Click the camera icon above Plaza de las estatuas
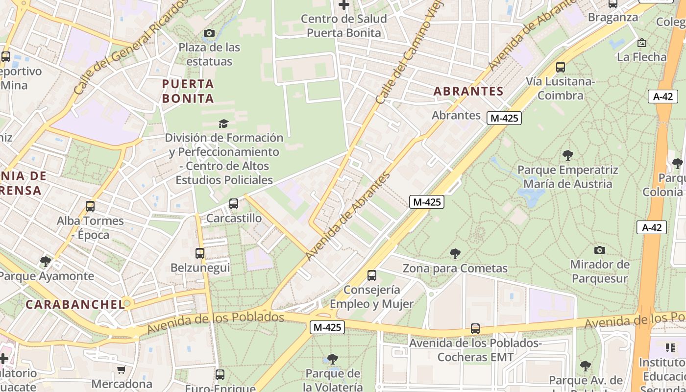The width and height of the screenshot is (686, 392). coord(209,33)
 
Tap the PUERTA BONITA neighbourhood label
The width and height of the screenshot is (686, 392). coord(188,91)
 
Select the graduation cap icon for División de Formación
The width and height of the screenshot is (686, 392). coord(223,123)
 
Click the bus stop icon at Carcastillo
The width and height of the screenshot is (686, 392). coord(234,203)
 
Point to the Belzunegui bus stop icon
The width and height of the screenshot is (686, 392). coord(200,253)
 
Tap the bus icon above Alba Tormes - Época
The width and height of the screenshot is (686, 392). coord(90,206)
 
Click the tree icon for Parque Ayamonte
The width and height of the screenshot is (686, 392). coord(46,261)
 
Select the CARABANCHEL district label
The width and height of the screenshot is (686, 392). coord(75,304)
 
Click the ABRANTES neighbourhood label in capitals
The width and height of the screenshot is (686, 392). coord(468,91)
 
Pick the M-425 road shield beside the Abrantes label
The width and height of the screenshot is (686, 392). coord(504,118)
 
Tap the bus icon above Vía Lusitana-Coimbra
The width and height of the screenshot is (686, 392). coord(561,67)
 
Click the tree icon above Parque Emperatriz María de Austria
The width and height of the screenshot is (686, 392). coord(568,155)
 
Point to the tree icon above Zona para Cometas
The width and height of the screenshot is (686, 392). coord(455,253)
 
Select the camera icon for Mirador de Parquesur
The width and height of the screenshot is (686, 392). coord(599,250)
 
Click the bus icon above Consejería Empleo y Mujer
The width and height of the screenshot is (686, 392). coord(372,275)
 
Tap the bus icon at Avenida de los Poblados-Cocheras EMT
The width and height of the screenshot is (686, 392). coord(475,328)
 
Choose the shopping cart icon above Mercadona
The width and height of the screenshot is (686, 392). coord(122,369)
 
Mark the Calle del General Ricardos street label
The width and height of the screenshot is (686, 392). coord(131,47)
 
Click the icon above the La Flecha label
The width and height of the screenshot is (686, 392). coord(642,43)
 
